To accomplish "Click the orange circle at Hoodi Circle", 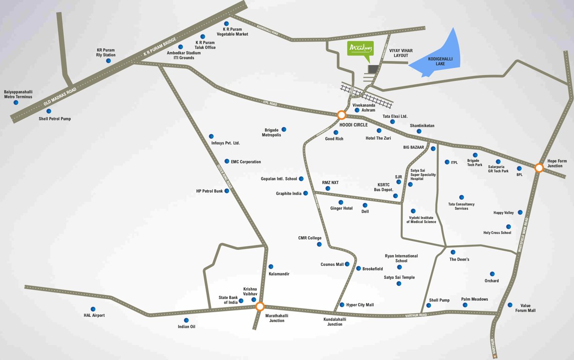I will pos(342,115).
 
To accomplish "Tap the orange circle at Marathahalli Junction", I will pos(260,307).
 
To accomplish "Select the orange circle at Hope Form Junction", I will pos(539,167).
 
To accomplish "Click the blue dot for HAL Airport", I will pos(93,309).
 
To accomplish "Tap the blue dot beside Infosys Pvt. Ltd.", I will pos(211,136).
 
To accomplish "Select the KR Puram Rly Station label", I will pos(106,52).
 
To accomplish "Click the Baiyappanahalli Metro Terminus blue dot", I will pos(16,102).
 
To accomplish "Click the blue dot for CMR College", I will pos(319,244).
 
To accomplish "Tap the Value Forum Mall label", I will pos(525,307).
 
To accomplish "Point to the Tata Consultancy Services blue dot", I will pos(462,197).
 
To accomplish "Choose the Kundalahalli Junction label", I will pos(335,322).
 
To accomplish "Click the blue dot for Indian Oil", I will pos(186,320).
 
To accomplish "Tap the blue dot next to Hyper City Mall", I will pos(342,305).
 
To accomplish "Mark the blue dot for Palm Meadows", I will pos(465,305).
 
